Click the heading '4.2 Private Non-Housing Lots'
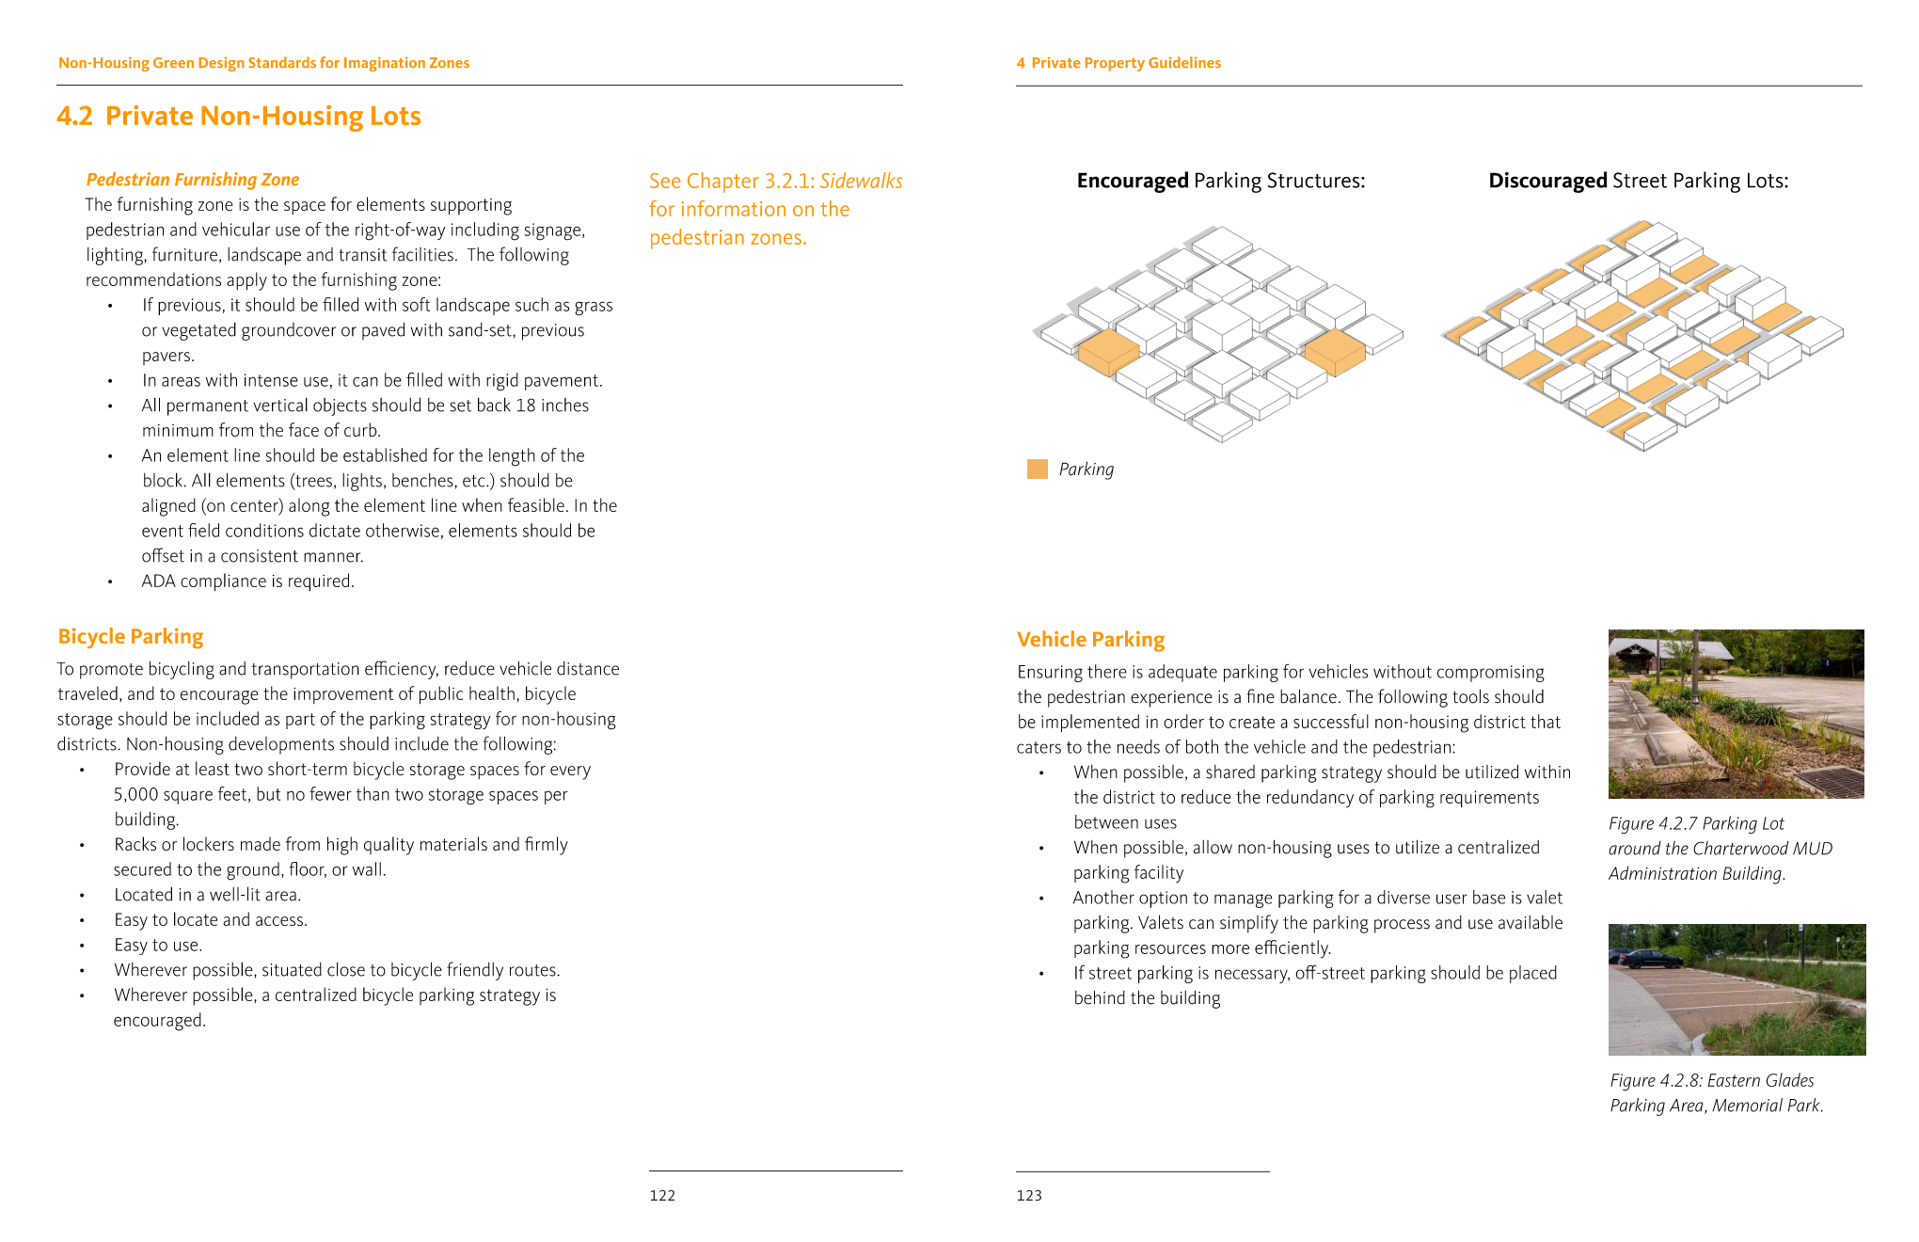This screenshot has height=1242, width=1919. click(239, 116)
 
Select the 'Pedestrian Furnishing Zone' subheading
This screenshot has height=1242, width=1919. click(192, 180)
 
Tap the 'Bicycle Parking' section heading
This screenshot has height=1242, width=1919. click(130, 637)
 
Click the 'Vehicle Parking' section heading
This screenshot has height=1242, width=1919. click(1090, 640)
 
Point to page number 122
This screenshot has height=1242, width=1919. click(662, 1196)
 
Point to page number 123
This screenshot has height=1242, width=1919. click(1029, 1196)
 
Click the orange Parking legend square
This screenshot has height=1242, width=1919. click(1037, 469)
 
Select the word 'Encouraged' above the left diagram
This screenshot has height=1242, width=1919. click(1132, 181)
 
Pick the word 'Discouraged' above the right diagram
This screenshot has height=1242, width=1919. click(1546, 181)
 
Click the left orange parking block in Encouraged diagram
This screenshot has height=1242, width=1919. click(1108, 352)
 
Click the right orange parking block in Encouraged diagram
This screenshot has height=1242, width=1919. click(1334, 351)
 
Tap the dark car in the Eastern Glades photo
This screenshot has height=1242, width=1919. click(1646, 959)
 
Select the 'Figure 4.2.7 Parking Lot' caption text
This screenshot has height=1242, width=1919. click(1695, 824)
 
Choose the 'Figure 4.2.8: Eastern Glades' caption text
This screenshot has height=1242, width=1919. click(1711, 1081)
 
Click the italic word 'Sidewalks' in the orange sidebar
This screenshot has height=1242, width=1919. click(861, 182)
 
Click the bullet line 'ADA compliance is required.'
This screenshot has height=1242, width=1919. click(247, 581)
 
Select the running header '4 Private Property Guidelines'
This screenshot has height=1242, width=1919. click(1118, 63)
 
